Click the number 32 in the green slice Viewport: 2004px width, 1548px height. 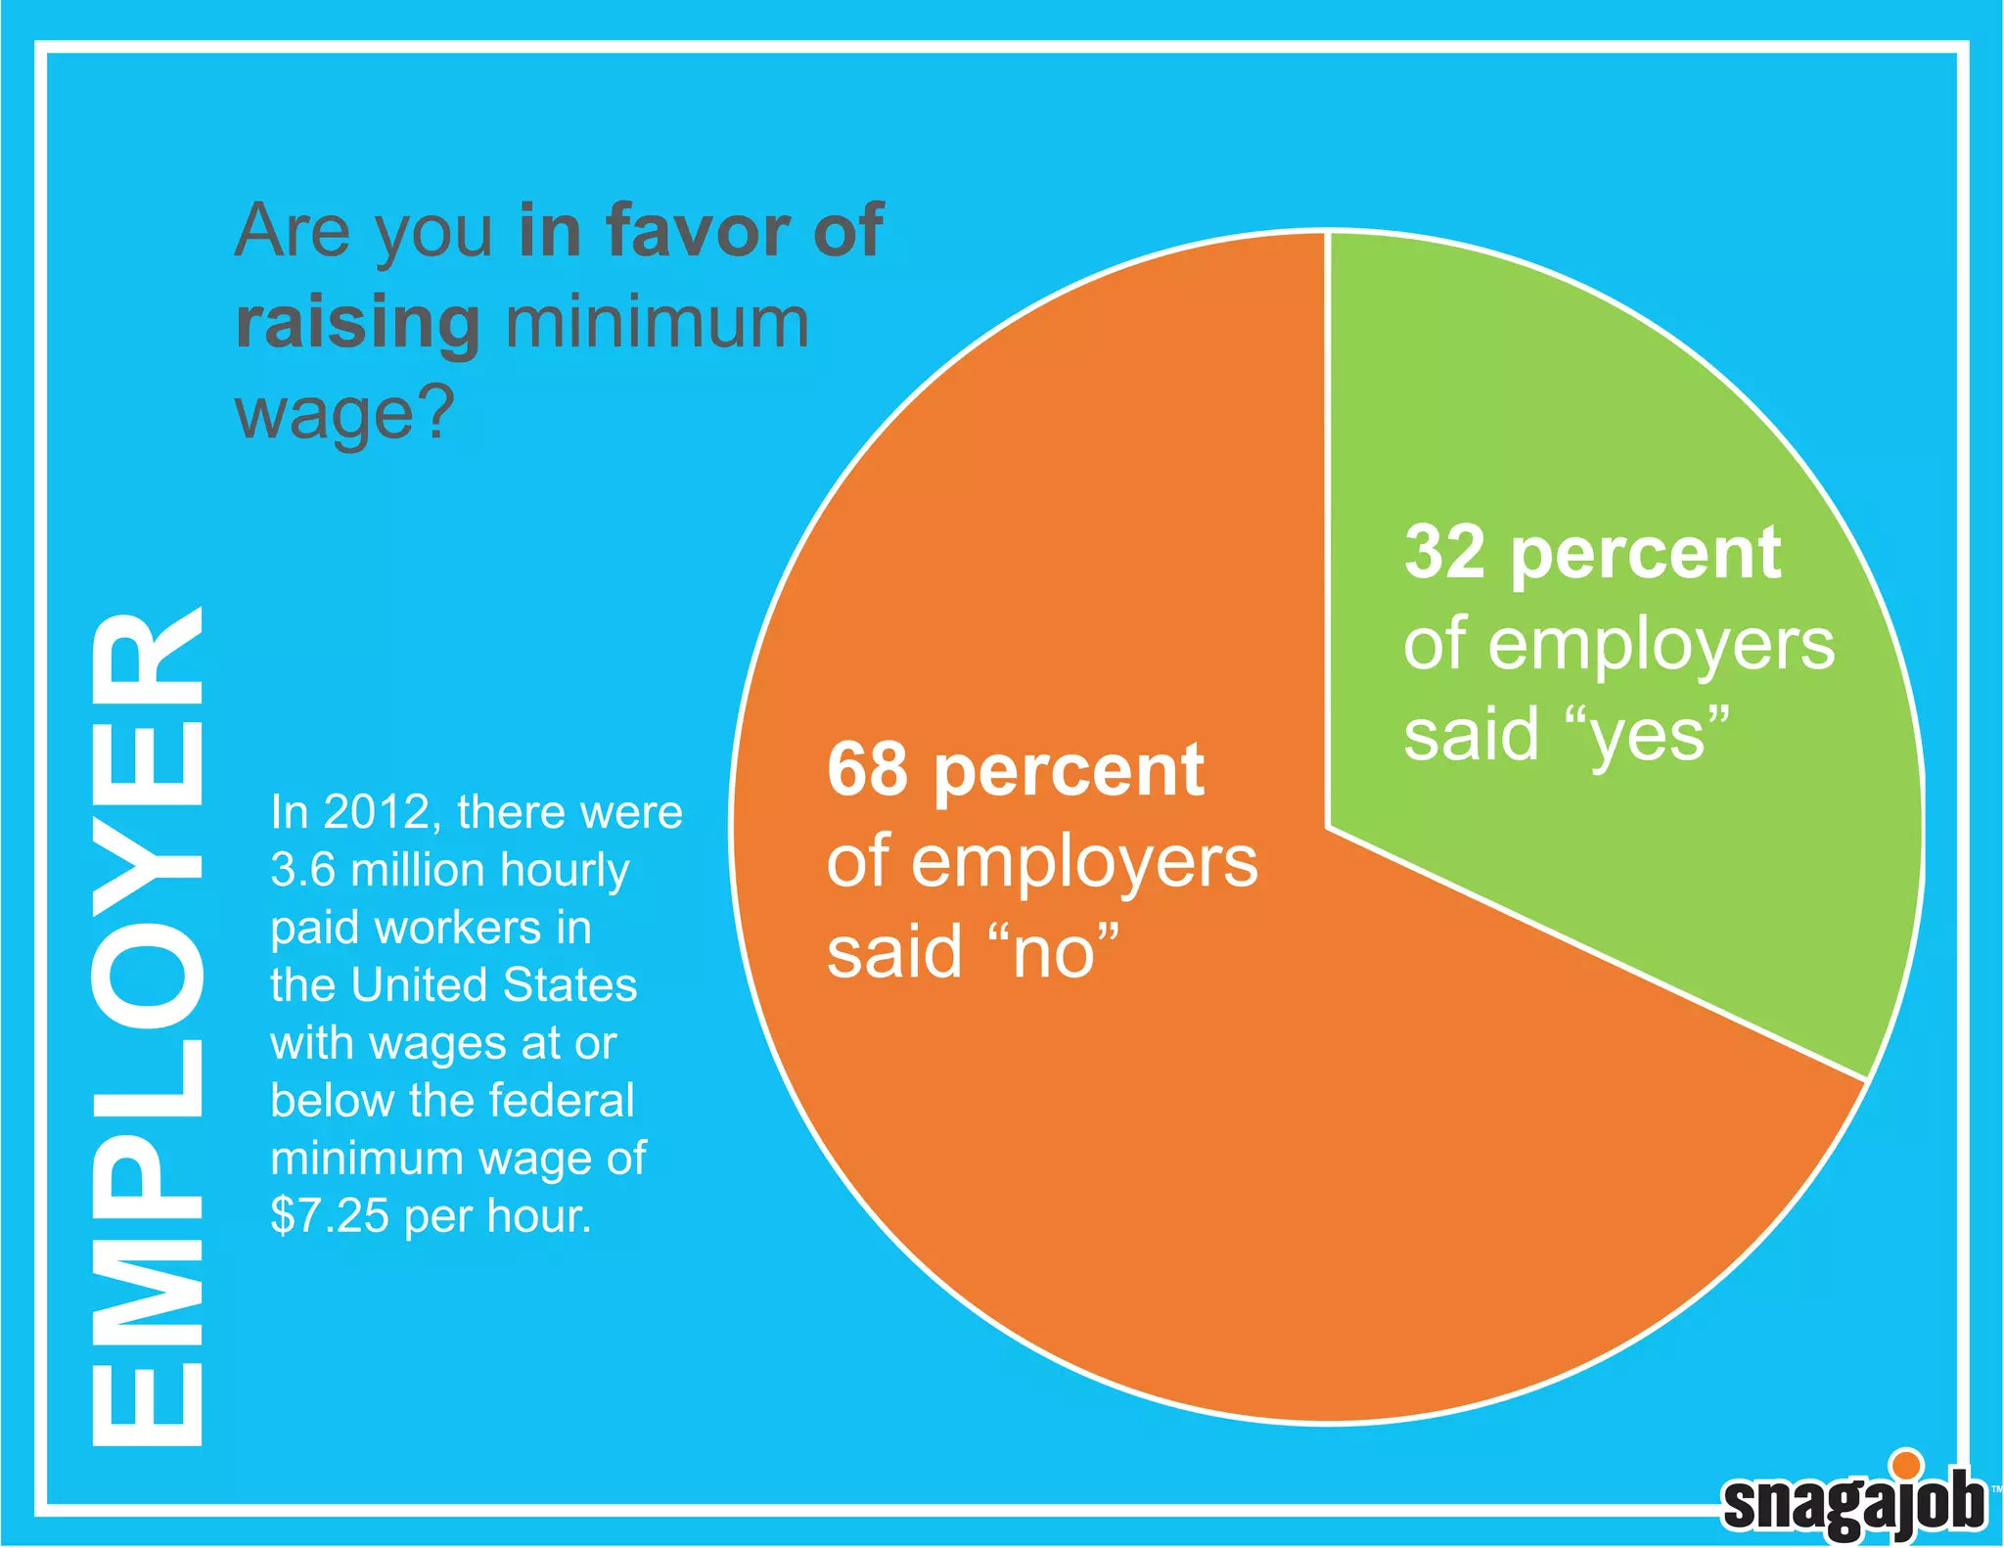pyautogui.click(x=1445, y=553)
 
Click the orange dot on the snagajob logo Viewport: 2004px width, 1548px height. pyautogui.click(x=1905, y=1465)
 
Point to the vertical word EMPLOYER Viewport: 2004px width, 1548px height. pyautogui.click(x=147, y=1027)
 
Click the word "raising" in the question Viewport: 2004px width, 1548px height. pyautogui.click(x=358, y=323)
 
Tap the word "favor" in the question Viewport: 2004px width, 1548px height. pyautogui.click(x=698, y=231)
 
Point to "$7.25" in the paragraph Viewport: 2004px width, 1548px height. pyautogui.click(x=330, y=1216)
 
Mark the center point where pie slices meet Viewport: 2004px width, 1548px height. pyautogui.click(x=1328, y=828)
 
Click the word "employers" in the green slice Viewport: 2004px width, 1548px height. pyautogui.click(x=1661, y=647)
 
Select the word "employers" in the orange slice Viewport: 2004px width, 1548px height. pyautogui.click(x=1084, y=863)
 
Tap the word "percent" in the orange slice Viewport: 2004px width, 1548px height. pyautogui.click(x=1069, y=770)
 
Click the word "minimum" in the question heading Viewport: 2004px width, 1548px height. pyautogui.click(x=657, y=323)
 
